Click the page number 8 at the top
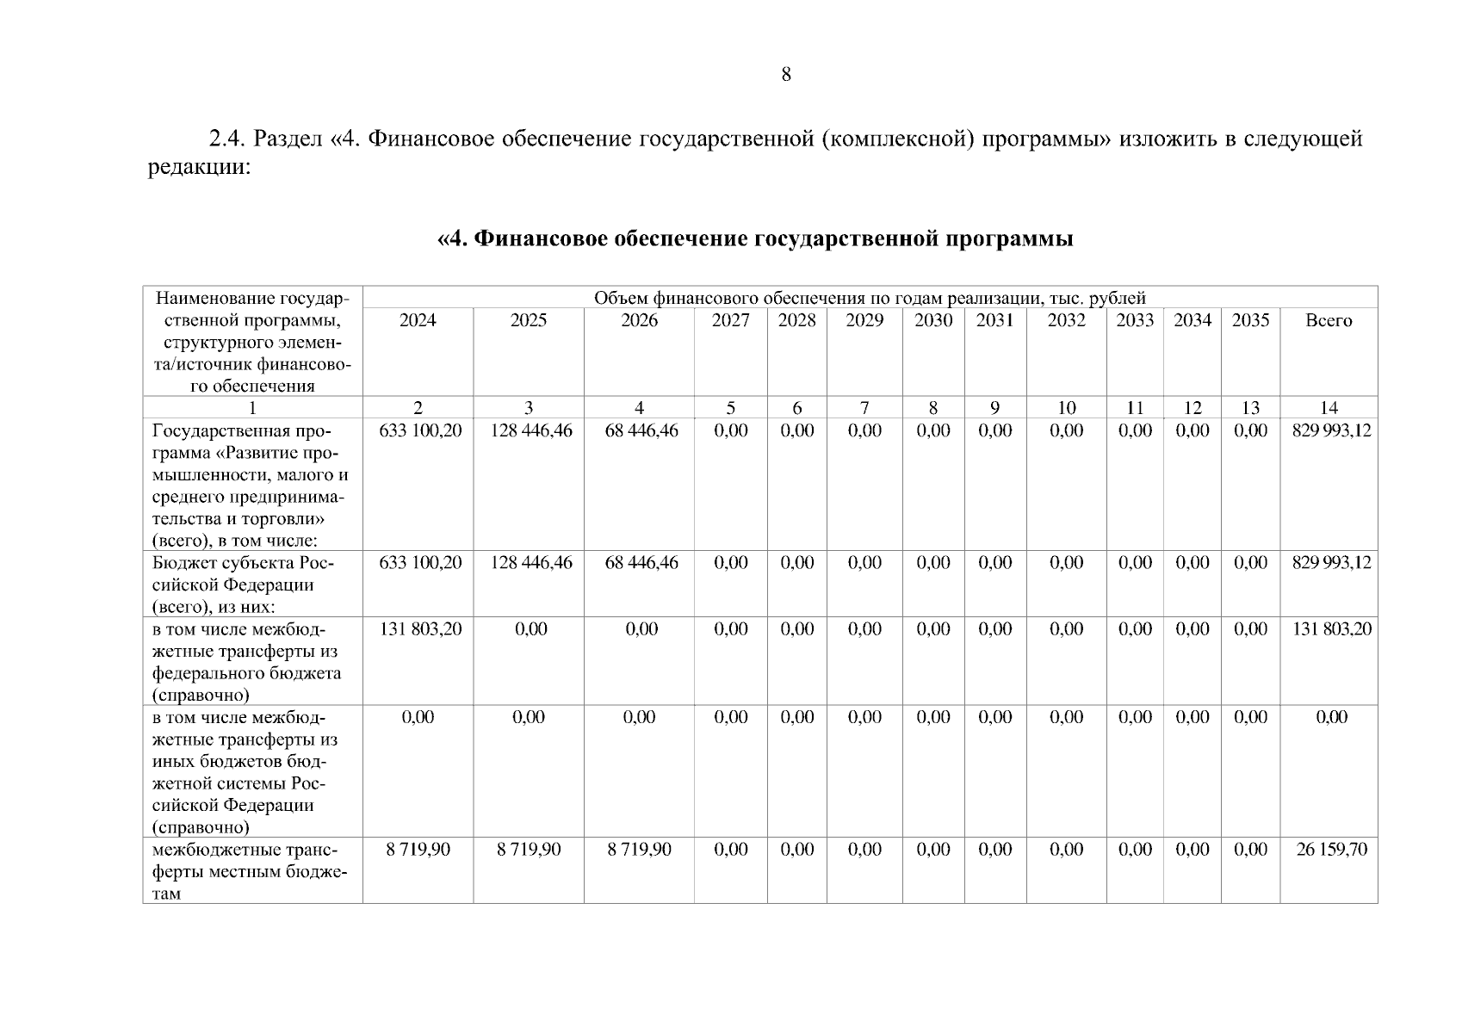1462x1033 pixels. (x=785, y=75)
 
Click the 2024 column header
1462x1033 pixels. (x=418, y=321)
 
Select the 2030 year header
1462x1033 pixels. (x=933, y=321)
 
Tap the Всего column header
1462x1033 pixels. (x=1329, y=321)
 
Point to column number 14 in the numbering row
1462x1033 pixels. (x=1329, y=408)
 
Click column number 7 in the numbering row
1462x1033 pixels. (x=864, y=408)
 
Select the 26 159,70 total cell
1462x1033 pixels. (x=1331, y=850)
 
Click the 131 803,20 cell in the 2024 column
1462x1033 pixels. (x=419, y=629)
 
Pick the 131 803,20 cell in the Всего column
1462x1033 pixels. (x=1331, y=629)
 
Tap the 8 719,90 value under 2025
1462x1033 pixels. (x=529, y=850)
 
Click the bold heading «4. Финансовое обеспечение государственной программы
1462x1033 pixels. (x=755, y=238)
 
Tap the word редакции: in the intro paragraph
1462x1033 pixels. (x=199, y=167)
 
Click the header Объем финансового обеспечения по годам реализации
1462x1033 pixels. (x=870, y=299)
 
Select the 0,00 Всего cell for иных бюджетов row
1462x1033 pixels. (x=1331, y=718)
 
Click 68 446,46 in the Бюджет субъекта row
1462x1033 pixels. (x=641, y=563)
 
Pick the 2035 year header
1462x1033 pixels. (x=1250, y=321)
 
